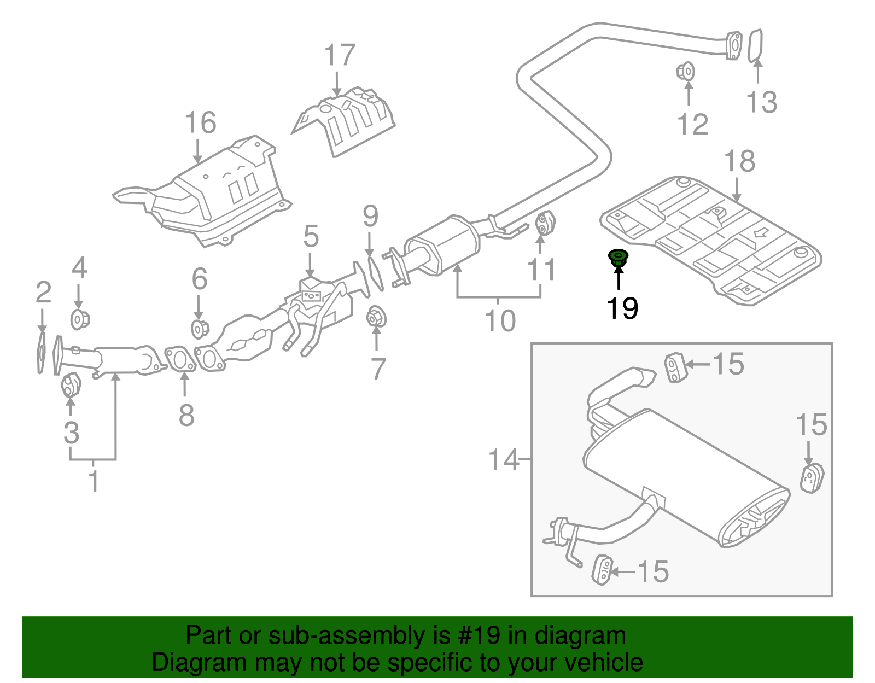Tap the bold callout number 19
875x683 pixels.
point(622,308)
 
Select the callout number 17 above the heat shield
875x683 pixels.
point(340,56)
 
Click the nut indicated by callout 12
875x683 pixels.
point(686,72)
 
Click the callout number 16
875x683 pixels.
point(200,123)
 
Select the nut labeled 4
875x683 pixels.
point(80,319)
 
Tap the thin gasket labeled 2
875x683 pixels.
point(42,352)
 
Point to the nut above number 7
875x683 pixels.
point(376,317)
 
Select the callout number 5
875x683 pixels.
point(311,236)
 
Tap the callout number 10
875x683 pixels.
point(500,320)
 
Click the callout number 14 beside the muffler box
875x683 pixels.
point(503,460)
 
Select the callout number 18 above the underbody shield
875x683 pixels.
point(739,162)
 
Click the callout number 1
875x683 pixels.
point(94,481)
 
